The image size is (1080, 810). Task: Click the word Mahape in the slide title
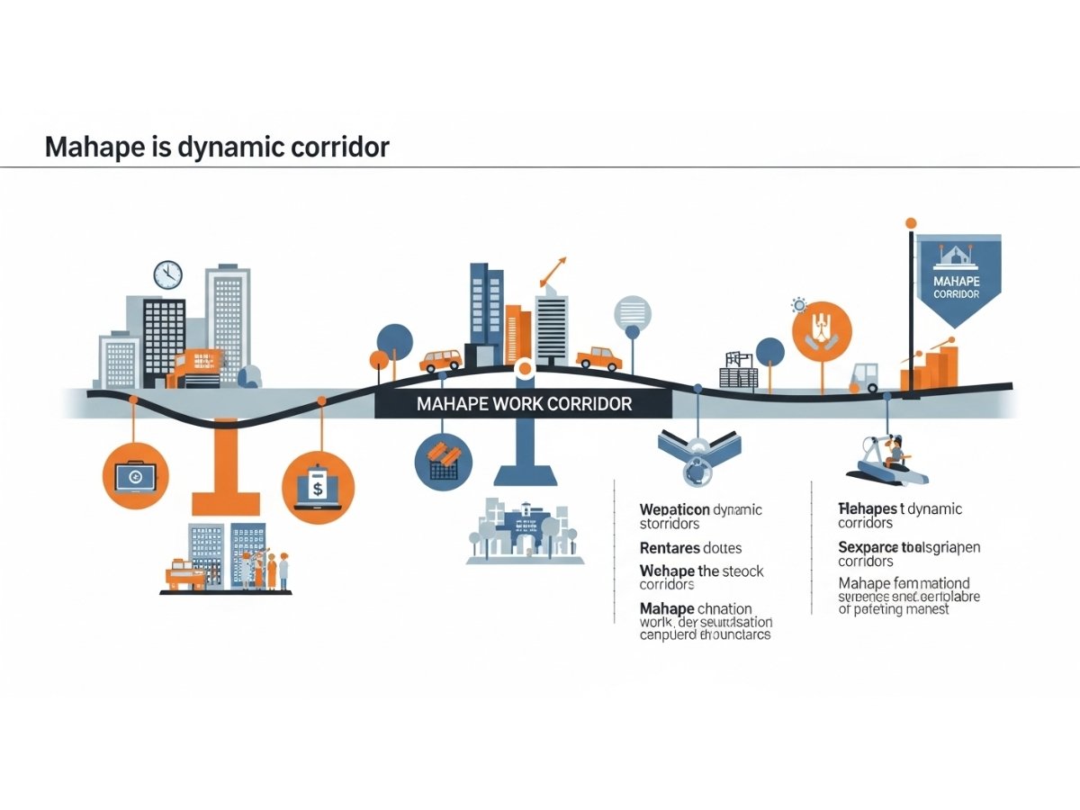90,147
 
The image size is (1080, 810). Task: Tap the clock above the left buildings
167,274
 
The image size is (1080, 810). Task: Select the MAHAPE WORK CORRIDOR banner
524,403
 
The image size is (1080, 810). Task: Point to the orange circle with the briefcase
135,476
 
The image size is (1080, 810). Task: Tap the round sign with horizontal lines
632,314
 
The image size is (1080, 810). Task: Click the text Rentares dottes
690,547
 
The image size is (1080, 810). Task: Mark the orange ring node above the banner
523,368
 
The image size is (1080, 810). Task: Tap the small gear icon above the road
796,304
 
